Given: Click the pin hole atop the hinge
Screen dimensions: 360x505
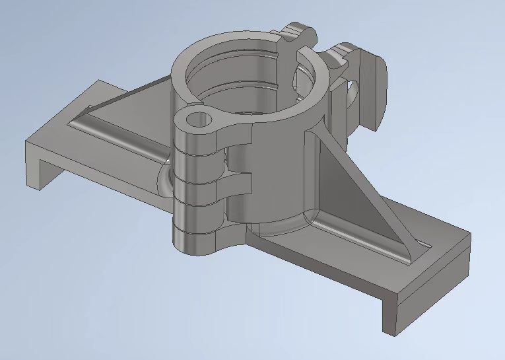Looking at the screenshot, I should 198,120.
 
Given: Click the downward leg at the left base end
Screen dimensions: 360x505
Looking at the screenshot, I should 36,162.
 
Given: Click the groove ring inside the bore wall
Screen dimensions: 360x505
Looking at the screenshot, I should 257,86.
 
